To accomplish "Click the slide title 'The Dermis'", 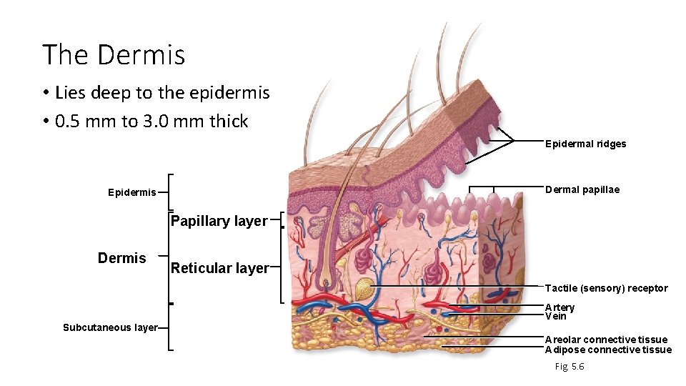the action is point(114,55).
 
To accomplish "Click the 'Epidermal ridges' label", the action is point(585,144).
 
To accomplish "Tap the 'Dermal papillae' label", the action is point(582,189).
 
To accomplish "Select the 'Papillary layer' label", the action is point(218,222).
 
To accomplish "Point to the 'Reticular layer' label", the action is point(219,268).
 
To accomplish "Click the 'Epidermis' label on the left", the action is point(131,192).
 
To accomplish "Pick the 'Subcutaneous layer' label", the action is point(110,327).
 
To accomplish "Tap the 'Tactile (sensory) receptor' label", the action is point(606,288).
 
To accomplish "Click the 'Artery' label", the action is point(560,307).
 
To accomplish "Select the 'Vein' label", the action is point(555,316).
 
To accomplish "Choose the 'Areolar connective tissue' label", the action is point(606,340).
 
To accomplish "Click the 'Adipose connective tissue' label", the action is point(608,350).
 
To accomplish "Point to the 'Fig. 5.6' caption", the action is point(570,367).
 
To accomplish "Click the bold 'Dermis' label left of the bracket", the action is point(121,258).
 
